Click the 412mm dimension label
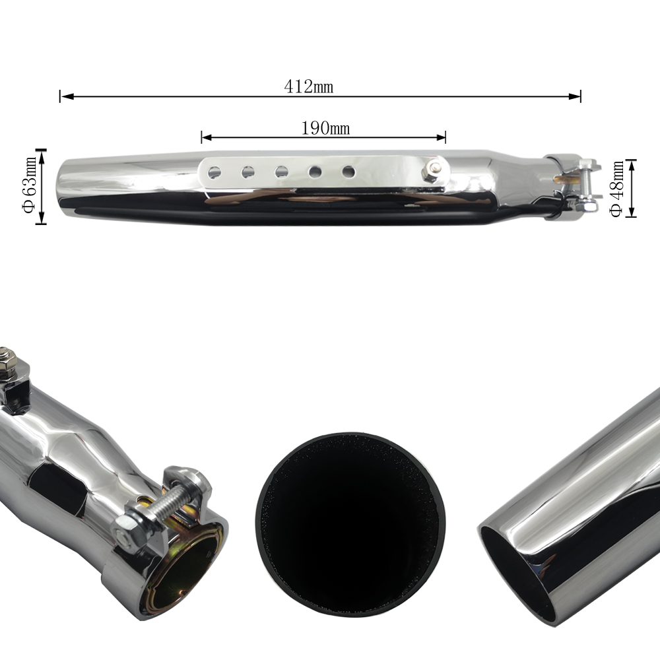308,86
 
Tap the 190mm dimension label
325,128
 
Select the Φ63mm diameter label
30,185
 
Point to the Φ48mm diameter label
616,189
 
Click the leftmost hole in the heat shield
214,172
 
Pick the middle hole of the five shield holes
282,172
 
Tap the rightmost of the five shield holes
348,172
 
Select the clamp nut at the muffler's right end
586,206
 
